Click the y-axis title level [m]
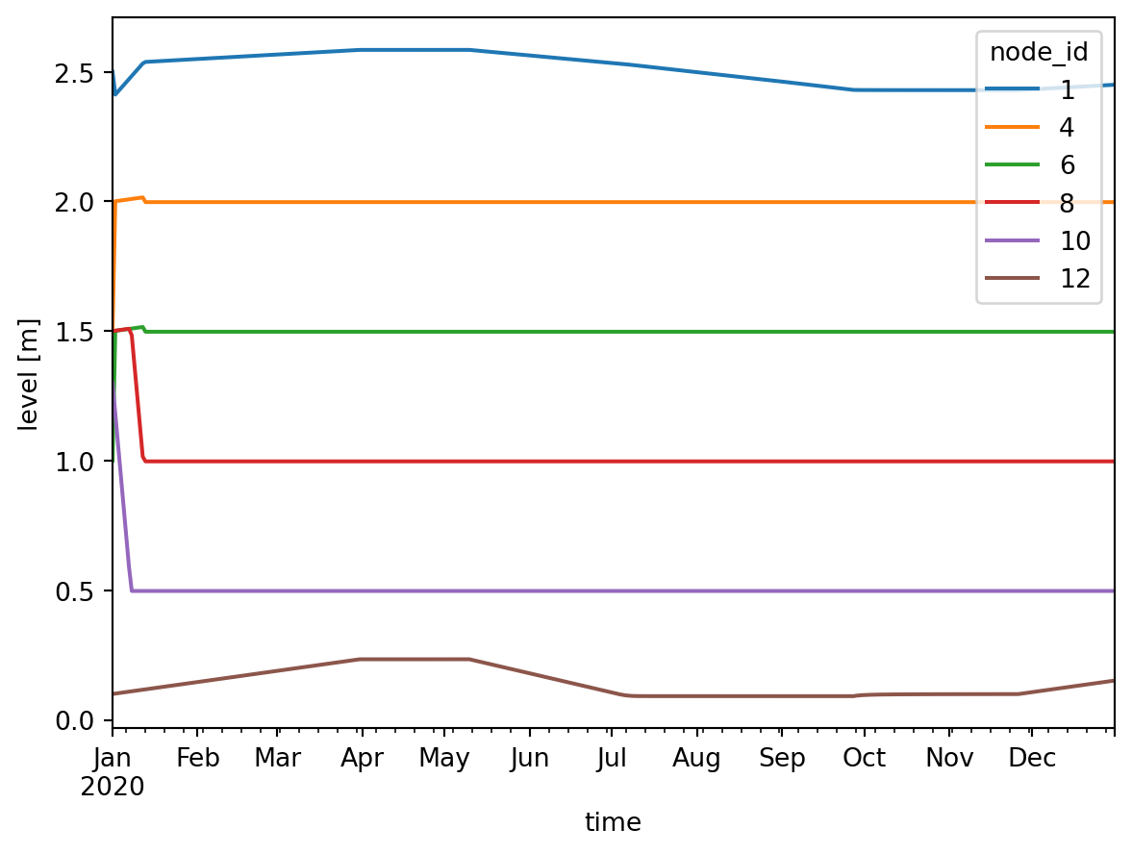pyautogui.click(x=32, y=374)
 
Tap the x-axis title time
pyautogui.click(x=613, y=822)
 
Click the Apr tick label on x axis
pyautogui.click(x=362, y=759)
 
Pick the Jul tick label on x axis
pyautogui.click(x=612, y=759)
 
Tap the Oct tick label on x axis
pyautogui.click(x=864, y=759)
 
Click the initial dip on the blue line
pyautogui.click(x=115, y=94)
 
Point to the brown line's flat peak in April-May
pyautogui.click(x=414, y=659)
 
